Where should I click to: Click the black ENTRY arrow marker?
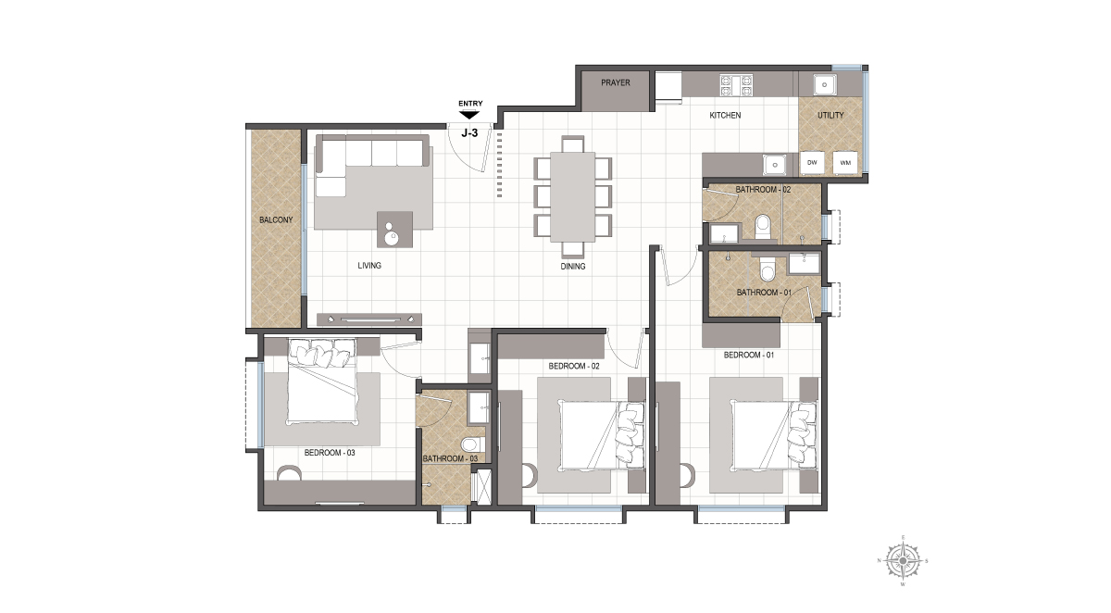(x=468, y=115)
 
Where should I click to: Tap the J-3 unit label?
(x=469, y=133)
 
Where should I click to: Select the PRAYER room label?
(x=616, y=82)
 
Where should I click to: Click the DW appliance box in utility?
(x=812, y=163)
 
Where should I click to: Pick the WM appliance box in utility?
(x=845, y=163)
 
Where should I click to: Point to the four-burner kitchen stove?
(x=737, y=85)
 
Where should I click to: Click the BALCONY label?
(x=276, y=219)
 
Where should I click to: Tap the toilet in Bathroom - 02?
(x=762, y=227)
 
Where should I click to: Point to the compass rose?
(x=904, y=561)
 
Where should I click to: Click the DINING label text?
(x=573, y=267)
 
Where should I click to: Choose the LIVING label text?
(x=369, y=266)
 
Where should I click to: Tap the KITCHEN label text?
(x=725, y=115)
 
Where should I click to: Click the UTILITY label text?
(x=830, y=115)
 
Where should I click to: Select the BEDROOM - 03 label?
(x=330, y=453)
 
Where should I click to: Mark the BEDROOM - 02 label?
(x=574, y=366)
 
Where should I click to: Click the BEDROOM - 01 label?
(x=749, y=355)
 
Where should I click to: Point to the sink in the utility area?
(x=824, y=85)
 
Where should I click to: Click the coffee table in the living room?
(x=394, y=229)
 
